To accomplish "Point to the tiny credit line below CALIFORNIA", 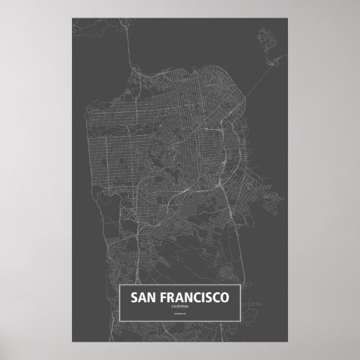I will pos(180,314).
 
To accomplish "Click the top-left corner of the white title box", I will pos(120,287).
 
